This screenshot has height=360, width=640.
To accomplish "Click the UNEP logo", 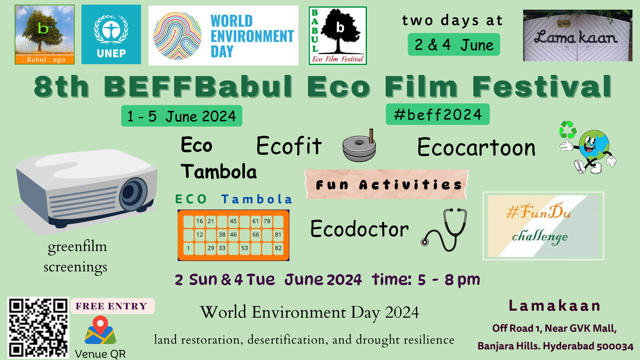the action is [111, 34].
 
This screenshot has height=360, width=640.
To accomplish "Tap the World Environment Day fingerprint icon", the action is [177, 36].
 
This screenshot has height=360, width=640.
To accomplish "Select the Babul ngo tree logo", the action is [45, 34].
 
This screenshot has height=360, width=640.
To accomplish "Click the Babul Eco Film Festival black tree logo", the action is [338, 36].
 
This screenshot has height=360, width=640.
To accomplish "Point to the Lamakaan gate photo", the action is [578, 35].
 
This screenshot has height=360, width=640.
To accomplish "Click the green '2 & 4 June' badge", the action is [454, 44].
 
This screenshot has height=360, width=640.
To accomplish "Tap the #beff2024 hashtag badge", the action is [438, 114].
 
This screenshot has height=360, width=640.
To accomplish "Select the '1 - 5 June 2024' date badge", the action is [182, 116].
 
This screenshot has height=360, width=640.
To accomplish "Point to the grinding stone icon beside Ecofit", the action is [359, 146].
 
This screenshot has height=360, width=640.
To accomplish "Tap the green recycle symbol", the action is [568, 130].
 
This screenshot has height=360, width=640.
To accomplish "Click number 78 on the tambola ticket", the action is [267, 221].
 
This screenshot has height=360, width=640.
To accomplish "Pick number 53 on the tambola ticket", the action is [245, 248].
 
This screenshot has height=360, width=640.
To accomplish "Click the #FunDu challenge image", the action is [543, 226].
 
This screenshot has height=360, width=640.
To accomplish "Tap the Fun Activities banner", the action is [387, 184].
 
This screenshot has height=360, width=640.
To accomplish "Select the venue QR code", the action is [38, 328].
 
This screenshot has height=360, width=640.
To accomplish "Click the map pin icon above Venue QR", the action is [100, 330].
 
